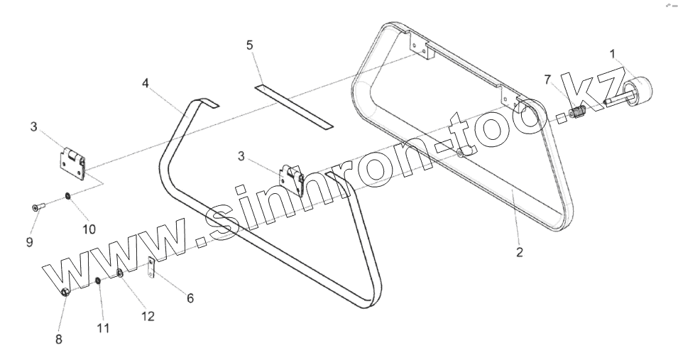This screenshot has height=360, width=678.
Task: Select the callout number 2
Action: (520, 251)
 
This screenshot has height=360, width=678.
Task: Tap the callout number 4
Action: (146, 83)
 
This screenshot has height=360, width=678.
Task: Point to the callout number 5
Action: (250, 45)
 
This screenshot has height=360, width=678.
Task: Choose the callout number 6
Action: (190, 298)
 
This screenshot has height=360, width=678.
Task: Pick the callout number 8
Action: (59, 339)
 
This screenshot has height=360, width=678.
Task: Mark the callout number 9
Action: (30, 242)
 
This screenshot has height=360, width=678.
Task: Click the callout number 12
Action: (148, 316)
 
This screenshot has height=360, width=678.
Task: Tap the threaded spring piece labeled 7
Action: (577, 113)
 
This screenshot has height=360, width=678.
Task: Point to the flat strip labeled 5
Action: (294, 107)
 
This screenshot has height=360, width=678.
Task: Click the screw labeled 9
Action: (37, 207)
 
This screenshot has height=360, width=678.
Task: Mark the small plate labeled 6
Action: (151, 269)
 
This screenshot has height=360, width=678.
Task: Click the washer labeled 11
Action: (98, 283)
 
